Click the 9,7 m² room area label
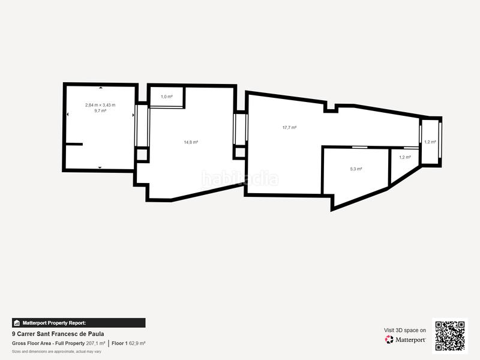point(100,111)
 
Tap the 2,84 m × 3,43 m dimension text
point(100,105)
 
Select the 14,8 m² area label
point(191,142)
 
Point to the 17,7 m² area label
point(290,127)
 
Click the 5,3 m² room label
point(356,169)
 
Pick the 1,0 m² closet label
point(166,97)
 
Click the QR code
point(450,336)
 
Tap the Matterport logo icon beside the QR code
point(389,340)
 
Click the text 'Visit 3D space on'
point(405,330)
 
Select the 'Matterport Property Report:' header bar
point(79,323)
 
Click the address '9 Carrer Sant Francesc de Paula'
point(58,334)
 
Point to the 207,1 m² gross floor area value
point(95,343)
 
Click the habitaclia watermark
point(240,178)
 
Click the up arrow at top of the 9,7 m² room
point(100,88)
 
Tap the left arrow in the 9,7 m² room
point(67,115)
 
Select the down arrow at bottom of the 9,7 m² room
point(100,167)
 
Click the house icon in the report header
point(17,323)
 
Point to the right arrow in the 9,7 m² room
point(133,115)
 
